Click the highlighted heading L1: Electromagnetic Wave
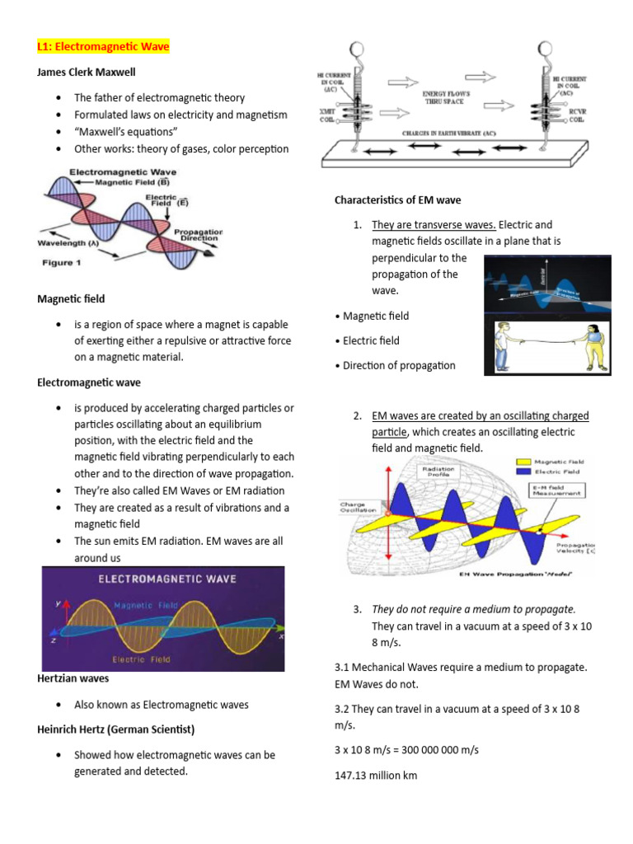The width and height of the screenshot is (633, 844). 103,47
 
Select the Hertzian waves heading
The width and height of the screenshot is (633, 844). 73,678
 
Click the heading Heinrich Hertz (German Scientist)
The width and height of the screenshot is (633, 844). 115,729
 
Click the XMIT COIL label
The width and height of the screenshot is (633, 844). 328,115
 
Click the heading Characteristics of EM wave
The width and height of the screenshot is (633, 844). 397,199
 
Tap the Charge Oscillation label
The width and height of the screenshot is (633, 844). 358,509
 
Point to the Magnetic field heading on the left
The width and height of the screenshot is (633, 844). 71,298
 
